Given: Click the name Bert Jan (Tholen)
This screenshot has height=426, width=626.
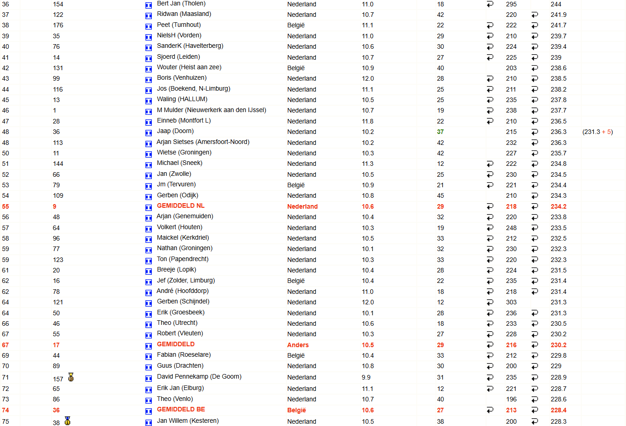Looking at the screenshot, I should (x=181, y=4).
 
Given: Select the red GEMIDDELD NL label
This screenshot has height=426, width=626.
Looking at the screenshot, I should (x=181, y=206).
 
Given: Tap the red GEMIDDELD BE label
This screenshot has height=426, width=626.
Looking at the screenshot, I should (x=181, y=410).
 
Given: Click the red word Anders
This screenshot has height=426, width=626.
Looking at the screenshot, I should (x=298, y=345).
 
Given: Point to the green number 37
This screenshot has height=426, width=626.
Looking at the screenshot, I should (x=440, y=132).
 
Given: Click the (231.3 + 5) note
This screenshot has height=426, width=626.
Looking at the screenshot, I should (x=597, y=132).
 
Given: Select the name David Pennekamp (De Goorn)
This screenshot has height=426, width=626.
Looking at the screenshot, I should (x=199, y=377).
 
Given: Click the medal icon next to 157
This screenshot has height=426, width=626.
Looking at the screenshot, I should (x=71, y=377).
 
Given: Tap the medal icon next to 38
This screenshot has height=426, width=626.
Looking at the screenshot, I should (x=67, y=421).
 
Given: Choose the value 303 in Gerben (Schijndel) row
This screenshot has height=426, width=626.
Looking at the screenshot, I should (x=511, y=302).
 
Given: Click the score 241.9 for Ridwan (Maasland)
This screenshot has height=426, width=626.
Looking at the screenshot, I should (x=558, y=15).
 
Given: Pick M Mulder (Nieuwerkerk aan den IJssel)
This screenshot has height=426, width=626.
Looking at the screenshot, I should (x=211, y=110).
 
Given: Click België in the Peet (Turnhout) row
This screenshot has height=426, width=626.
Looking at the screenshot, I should (x=296, y=25).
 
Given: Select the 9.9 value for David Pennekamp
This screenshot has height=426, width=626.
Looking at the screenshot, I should (x=366, y=377).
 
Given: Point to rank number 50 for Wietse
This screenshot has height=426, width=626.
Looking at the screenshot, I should (x=5, y=153).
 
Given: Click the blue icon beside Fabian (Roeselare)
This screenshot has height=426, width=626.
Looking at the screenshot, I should (x=148, y=356).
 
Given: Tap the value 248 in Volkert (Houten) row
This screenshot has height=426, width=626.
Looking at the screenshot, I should (x=511, y=228).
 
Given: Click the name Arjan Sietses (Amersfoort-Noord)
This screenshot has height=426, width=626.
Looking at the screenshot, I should (x=203, y=142).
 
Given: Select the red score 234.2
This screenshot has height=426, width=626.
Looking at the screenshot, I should (x=558, y=206).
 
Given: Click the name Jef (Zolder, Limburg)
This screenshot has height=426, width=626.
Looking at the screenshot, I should (x=186, y=281).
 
